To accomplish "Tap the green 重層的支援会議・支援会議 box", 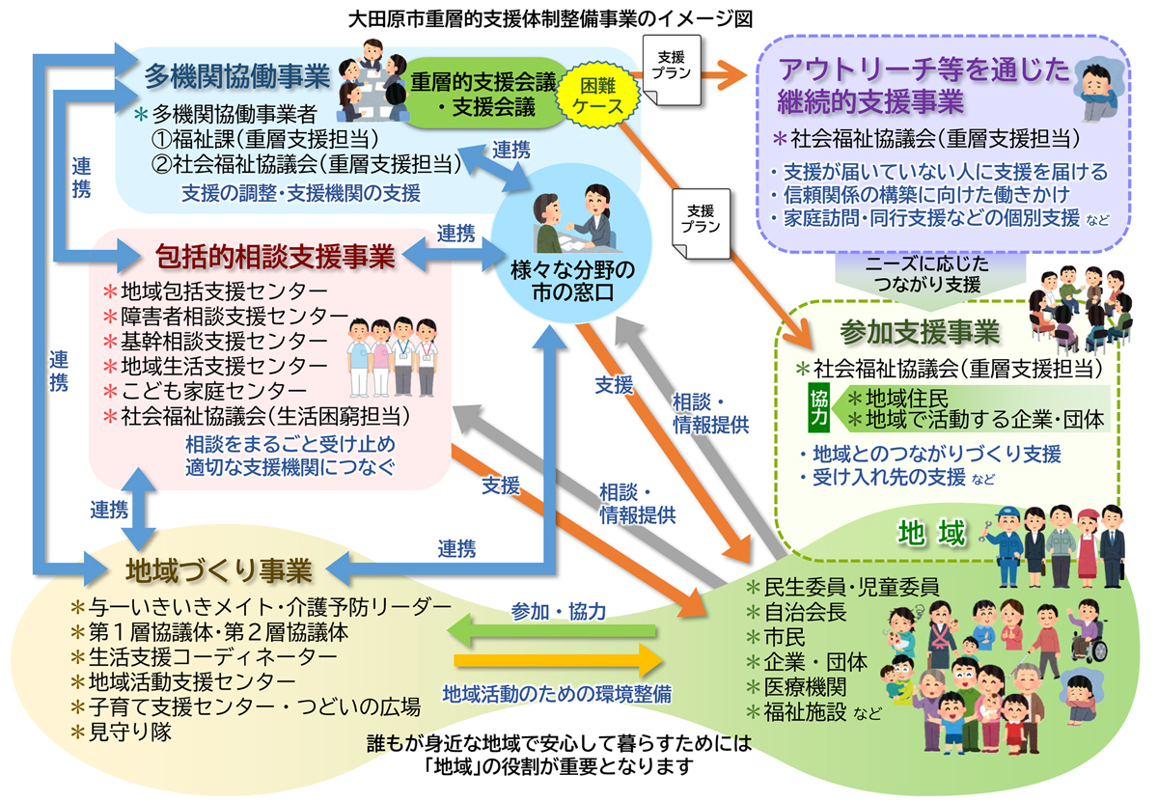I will tap(483, 95).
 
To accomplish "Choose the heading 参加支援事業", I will tap(920, 333).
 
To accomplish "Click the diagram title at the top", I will tap(579, 17).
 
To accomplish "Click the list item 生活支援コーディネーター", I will tap(212, 657).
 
